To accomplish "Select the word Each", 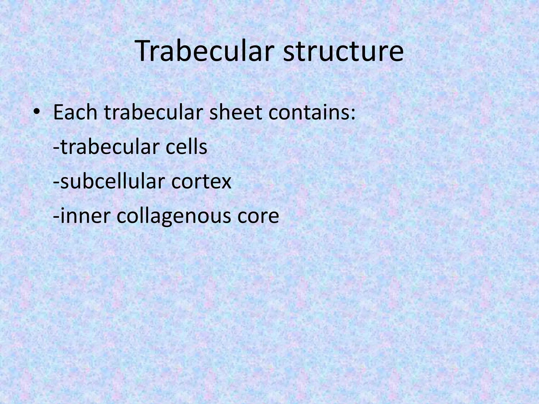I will coord(76,113).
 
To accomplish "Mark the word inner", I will coord(84,216).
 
